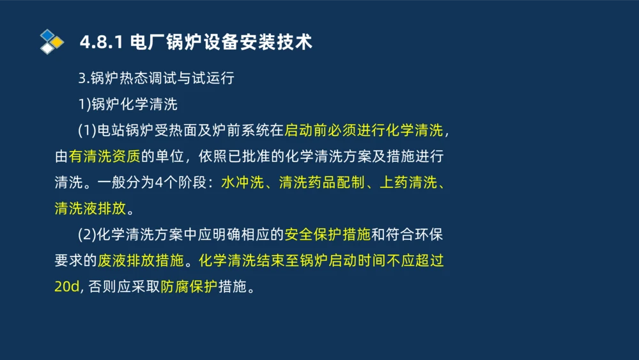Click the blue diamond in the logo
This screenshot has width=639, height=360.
pyautogui.click(x=47, y=35)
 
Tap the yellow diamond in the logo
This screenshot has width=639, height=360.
pyautogui.click(x=57, y=42)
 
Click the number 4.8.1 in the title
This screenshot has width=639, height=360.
pyautogui.click(x=102, y=43)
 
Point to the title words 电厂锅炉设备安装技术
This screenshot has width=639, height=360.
pyautogui.click(x=220, y=43)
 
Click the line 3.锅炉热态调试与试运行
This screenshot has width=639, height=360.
pyautogui.click(x=157, y=79)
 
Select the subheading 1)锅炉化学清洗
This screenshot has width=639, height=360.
pyautogui.click(x=128, y=105)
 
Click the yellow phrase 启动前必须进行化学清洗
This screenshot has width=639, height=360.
pyautogui.click(x=363, y=131)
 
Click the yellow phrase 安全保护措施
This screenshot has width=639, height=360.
pyautogui.click(x=327, y=235)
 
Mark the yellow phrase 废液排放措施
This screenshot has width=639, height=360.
pyautogui.click(x=140, y=261)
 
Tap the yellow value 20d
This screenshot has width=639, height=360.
pyautogui.click(x=66, y=287)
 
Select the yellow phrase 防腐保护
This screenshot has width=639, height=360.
pyautogui.click(x=189, y=287)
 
